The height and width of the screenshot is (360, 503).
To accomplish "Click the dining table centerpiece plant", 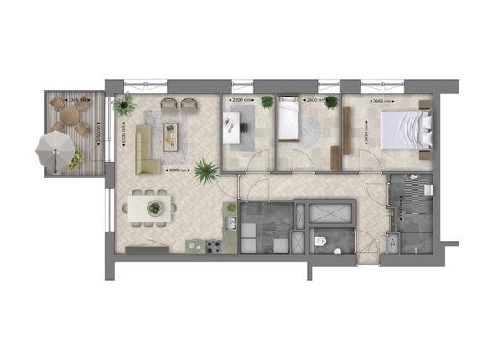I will pyautogui.click(x=154, y=206).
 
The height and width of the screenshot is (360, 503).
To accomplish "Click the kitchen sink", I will pyautogui.click(x=229, y=222).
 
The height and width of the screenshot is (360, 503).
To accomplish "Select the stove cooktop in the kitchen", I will pyautogui.click(x=213, y=246).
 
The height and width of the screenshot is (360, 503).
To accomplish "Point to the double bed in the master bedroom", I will pyautogui.click(x=407, y=129).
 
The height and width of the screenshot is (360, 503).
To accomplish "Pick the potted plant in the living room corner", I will pyautogui.click(x=126, y=104).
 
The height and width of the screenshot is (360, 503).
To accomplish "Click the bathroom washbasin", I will pyautogui.click(x=394, y=238).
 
